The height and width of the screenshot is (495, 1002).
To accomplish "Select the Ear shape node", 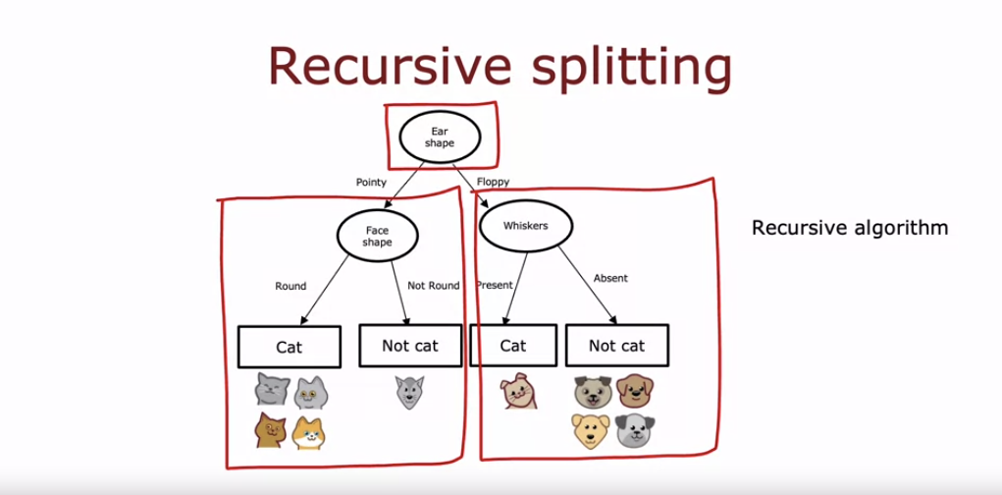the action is click(x=438, y=137).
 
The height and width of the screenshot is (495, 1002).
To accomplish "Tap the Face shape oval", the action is click(x=378, y=237).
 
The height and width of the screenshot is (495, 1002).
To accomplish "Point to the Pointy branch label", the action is click(x=371, y=182).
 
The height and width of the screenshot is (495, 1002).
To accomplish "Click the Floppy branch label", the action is click(x=494, y=182).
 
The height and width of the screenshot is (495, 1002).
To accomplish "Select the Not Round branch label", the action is click(x=433, y=286).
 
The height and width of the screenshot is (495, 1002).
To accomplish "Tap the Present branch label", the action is click(x=496, y=286).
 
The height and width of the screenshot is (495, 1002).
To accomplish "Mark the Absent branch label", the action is click(x=610, y=278).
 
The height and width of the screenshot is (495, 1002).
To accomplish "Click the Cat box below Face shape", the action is click(x=289, y=347).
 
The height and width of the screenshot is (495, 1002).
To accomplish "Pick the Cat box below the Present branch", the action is click(x=513, y=346).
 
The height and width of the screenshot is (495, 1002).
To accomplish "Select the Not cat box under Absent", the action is click(x=616, y=346).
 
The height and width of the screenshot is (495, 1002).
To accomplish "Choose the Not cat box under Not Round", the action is click(x=409, y=346).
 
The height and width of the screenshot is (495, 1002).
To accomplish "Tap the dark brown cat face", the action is click(x=269, y=429).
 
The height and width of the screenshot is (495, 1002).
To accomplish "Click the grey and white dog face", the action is click(x=635, y=430).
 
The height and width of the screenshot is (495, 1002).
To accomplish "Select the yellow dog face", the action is click(x=591, y=430).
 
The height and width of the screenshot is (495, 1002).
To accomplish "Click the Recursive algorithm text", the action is click(x=850, y=228).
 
